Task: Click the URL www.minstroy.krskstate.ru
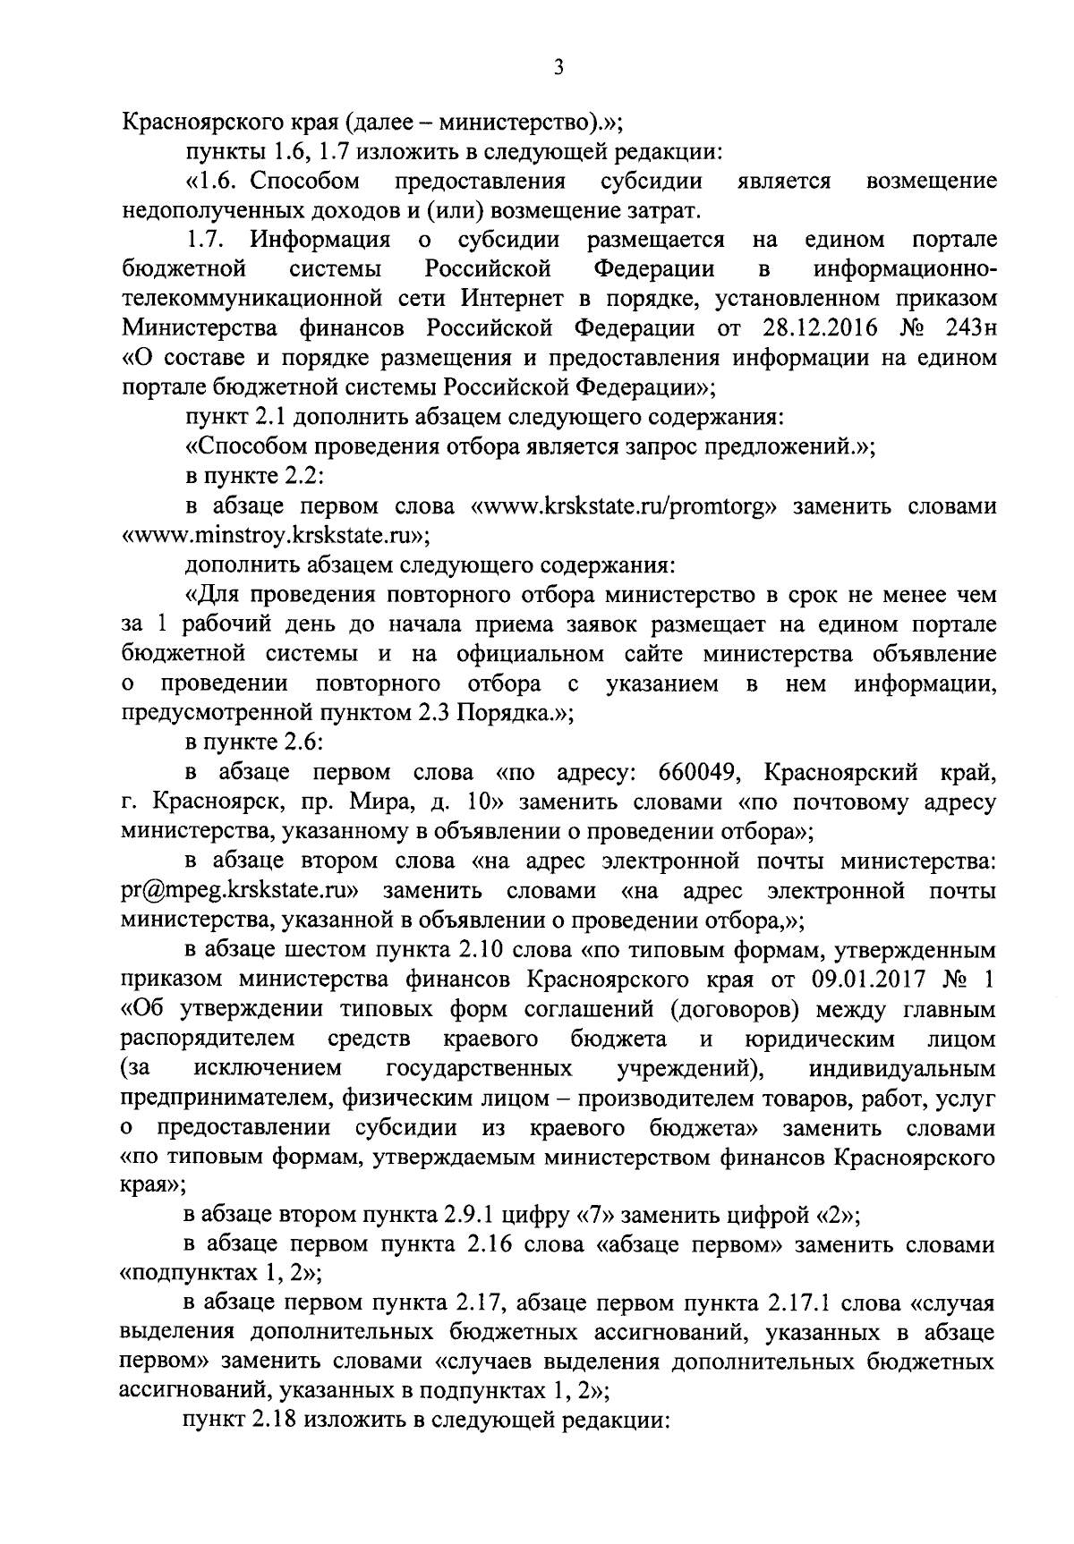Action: point(273,536)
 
